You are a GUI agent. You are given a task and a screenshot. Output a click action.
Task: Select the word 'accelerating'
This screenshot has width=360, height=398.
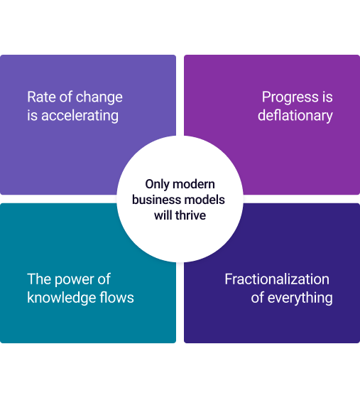[x=80, y=115]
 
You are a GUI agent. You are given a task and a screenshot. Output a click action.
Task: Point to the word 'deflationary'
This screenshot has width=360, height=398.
[x=295, y=115]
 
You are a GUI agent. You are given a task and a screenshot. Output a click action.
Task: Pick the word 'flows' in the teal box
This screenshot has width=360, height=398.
[x=116, y=297]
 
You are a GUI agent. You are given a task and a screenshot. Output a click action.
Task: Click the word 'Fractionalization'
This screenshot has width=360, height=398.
[x=277, y=279]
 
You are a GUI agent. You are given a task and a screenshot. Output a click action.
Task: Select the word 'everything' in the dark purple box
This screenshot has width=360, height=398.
[x=300, y=297]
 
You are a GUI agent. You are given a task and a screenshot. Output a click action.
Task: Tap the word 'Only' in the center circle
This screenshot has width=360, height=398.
[x=158, y=183]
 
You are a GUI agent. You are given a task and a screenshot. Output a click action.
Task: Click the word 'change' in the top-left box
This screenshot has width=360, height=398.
[x=99, y=97]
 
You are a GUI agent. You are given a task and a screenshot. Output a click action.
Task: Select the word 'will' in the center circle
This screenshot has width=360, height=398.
[x=163, y=215]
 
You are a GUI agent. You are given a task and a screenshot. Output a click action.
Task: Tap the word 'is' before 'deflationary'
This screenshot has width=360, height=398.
[x=327, y=97]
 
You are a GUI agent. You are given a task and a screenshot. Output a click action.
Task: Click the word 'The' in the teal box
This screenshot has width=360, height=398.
[x=39, y=279]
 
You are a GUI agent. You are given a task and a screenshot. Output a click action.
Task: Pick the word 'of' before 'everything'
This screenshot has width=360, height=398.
[x=258, y=297]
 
